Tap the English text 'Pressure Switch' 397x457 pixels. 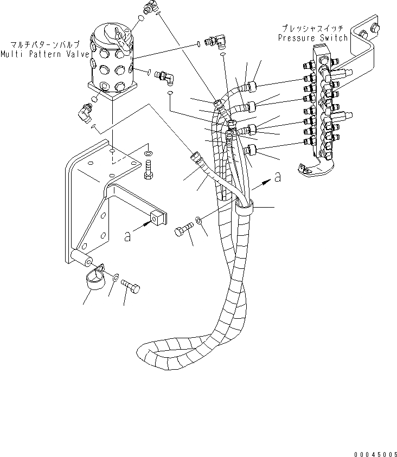(x=313, y=38)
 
